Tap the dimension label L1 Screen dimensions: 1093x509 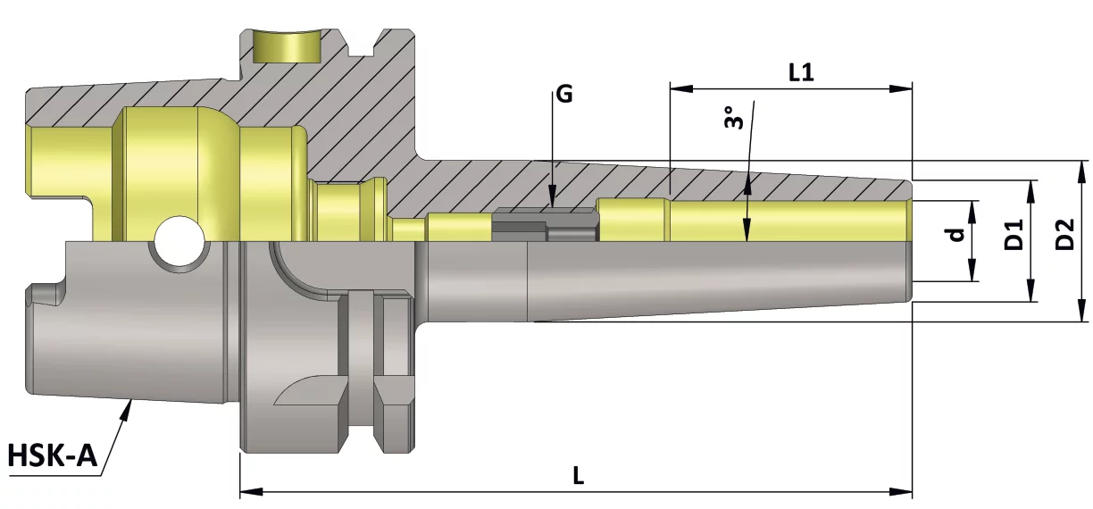click(x=801, y=72)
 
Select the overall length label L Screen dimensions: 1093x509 click(x=579, y=475)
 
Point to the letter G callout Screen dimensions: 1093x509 click(x=564, y=94)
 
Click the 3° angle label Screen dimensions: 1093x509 click(x=734, y=117)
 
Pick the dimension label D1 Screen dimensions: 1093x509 click(x=1013, y=234)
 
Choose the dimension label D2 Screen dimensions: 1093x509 click(x=1064, y=234)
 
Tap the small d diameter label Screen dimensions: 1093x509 click(x=957, y=234)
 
